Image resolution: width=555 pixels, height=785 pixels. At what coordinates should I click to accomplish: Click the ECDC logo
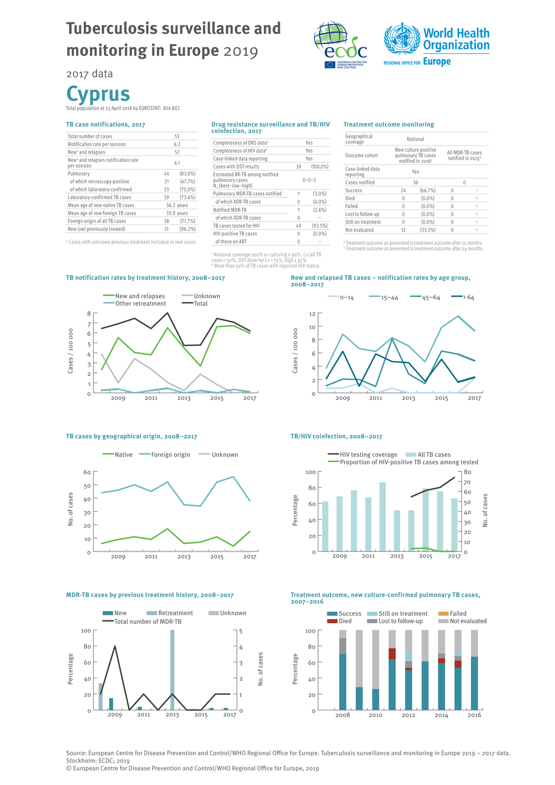click(x=340, y=45)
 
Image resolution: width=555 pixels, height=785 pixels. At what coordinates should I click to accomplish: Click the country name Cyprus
click(x=98, y=93)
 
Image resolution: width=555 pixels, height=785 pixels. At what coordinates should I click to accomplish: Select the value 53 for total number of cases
click(x=177, y=136)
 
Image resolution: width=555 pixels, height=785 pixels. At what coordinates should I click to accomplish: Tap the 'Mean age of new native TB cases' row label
click(x=101, y=205)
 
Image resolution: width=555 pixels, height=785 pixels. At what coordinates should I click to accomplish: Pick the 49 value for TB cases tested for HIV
click(x=298, y=226)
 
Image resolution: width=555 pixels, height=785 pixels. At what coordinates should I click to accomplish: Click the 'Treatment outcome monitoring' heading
click(x=388, y=124)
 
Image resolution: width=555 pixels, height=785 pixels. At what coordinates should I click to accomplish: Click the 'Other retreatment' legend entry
click(x=140, y=303)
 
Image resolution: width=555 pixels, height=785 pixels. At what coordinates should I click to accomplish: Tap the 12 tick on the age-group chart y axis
click(x=312, y=314)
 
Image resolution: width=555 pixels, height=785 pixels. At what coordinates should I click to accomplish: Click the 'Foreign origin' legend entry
click(x=170, y=455)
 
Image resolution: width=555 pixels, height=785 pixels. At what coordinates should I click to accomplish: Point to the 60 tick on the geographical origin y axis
click(x=87, y=472)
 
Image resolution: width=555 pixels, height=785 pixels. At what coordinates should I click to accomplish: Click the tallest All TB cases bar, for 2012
click(x=382, y=517)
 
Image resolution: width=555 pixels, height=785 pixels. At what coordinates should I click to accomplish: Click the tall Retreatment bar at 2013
click(x=172, y=670)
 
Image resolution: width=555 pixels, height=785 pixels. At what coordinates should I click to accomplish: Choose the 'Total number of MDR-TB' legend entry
click(x=147, y=621)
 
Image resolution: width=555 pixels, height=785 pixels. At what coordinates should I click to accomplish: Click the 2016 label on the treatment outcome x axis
click(x=474, y=715)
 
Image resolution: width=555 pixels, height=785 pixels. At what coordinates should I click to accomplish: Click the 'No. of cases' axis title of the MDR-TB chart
click(x=261, y=669)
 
